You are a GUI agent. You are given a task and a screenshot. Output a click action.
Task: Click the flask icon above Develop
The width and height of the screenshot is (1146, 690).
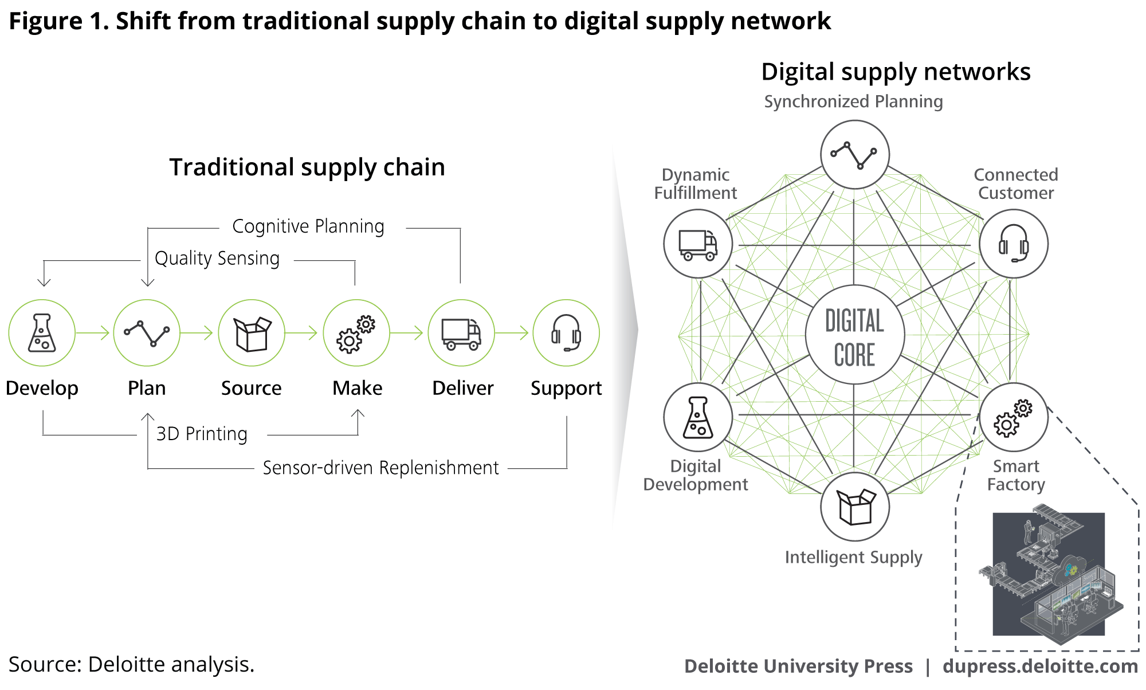[42, 333]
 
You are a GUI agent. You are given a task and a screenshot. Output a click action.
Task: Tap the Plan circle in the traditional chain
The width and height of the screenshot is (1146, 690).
[147, 333]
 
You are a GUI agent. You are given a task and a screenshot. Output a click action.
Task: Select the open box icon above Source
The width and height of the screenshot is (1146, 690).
[252, 333]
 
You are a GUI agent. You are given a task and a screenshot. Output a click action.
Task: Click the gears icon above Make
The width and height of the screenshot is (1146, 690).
[356, 333]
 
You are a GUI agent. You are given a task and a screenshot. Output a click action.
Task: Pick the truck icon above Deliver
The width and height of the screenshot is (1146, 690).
[461, 333]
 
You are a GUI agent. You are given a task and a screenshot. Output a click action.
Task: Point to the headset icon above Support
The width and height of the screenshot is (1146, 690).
[566, 333]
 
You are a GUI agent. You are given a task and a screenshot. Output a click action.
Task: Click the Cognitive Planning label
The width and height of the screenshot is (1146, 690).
[308, 226]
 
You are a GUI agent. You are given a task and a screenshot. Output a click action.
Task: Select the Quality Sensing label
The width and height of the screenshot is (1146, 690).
[217, 258]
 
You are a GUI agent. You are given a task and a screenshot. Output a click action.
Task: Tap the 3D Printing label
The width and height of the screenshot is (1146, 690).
[202, 434]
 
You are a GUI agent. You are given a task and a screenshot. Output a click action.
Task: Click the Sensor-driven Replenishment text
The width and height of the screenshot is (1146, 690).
[380, 468]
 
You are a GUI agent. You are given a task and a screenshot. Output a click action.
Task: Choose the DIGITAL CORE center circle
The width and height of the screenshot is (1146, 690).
[854, 335]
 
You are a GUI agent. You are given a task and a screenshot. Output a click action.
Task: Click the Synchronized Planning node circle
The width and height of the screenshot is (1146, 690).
[854, 154]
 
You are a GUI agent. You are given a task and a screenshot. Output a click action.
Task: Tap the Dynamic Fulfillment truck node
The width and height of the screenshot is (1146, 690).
[698, 244]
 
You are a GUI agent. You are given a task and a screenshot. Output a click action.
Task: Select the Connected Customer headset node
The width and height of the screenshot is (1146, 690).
[1014, 244]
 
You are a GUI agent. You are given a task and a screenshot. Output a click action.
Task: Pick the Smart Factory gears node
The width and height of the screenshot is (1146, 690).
[1014, 417]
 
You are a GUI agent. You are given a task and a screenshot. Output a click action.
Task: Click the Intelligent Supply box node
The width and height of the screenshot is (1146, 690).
[854, 507]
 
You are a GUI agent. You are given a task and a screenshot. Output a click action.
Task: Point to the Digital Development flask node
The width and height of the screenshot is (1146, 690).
[698, 417]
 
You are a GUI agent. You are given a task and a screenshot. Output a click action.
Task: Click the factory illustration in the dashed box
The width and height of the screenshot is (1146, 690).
[1049, 573]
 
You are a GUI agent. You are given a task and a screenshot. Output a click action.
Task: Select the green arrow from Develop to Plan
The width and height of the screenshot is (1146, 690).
[93, 333]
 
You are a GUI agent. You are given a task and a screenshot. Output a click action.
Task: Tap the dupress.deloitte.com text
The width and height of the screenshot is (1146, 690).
[1040, 666]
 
